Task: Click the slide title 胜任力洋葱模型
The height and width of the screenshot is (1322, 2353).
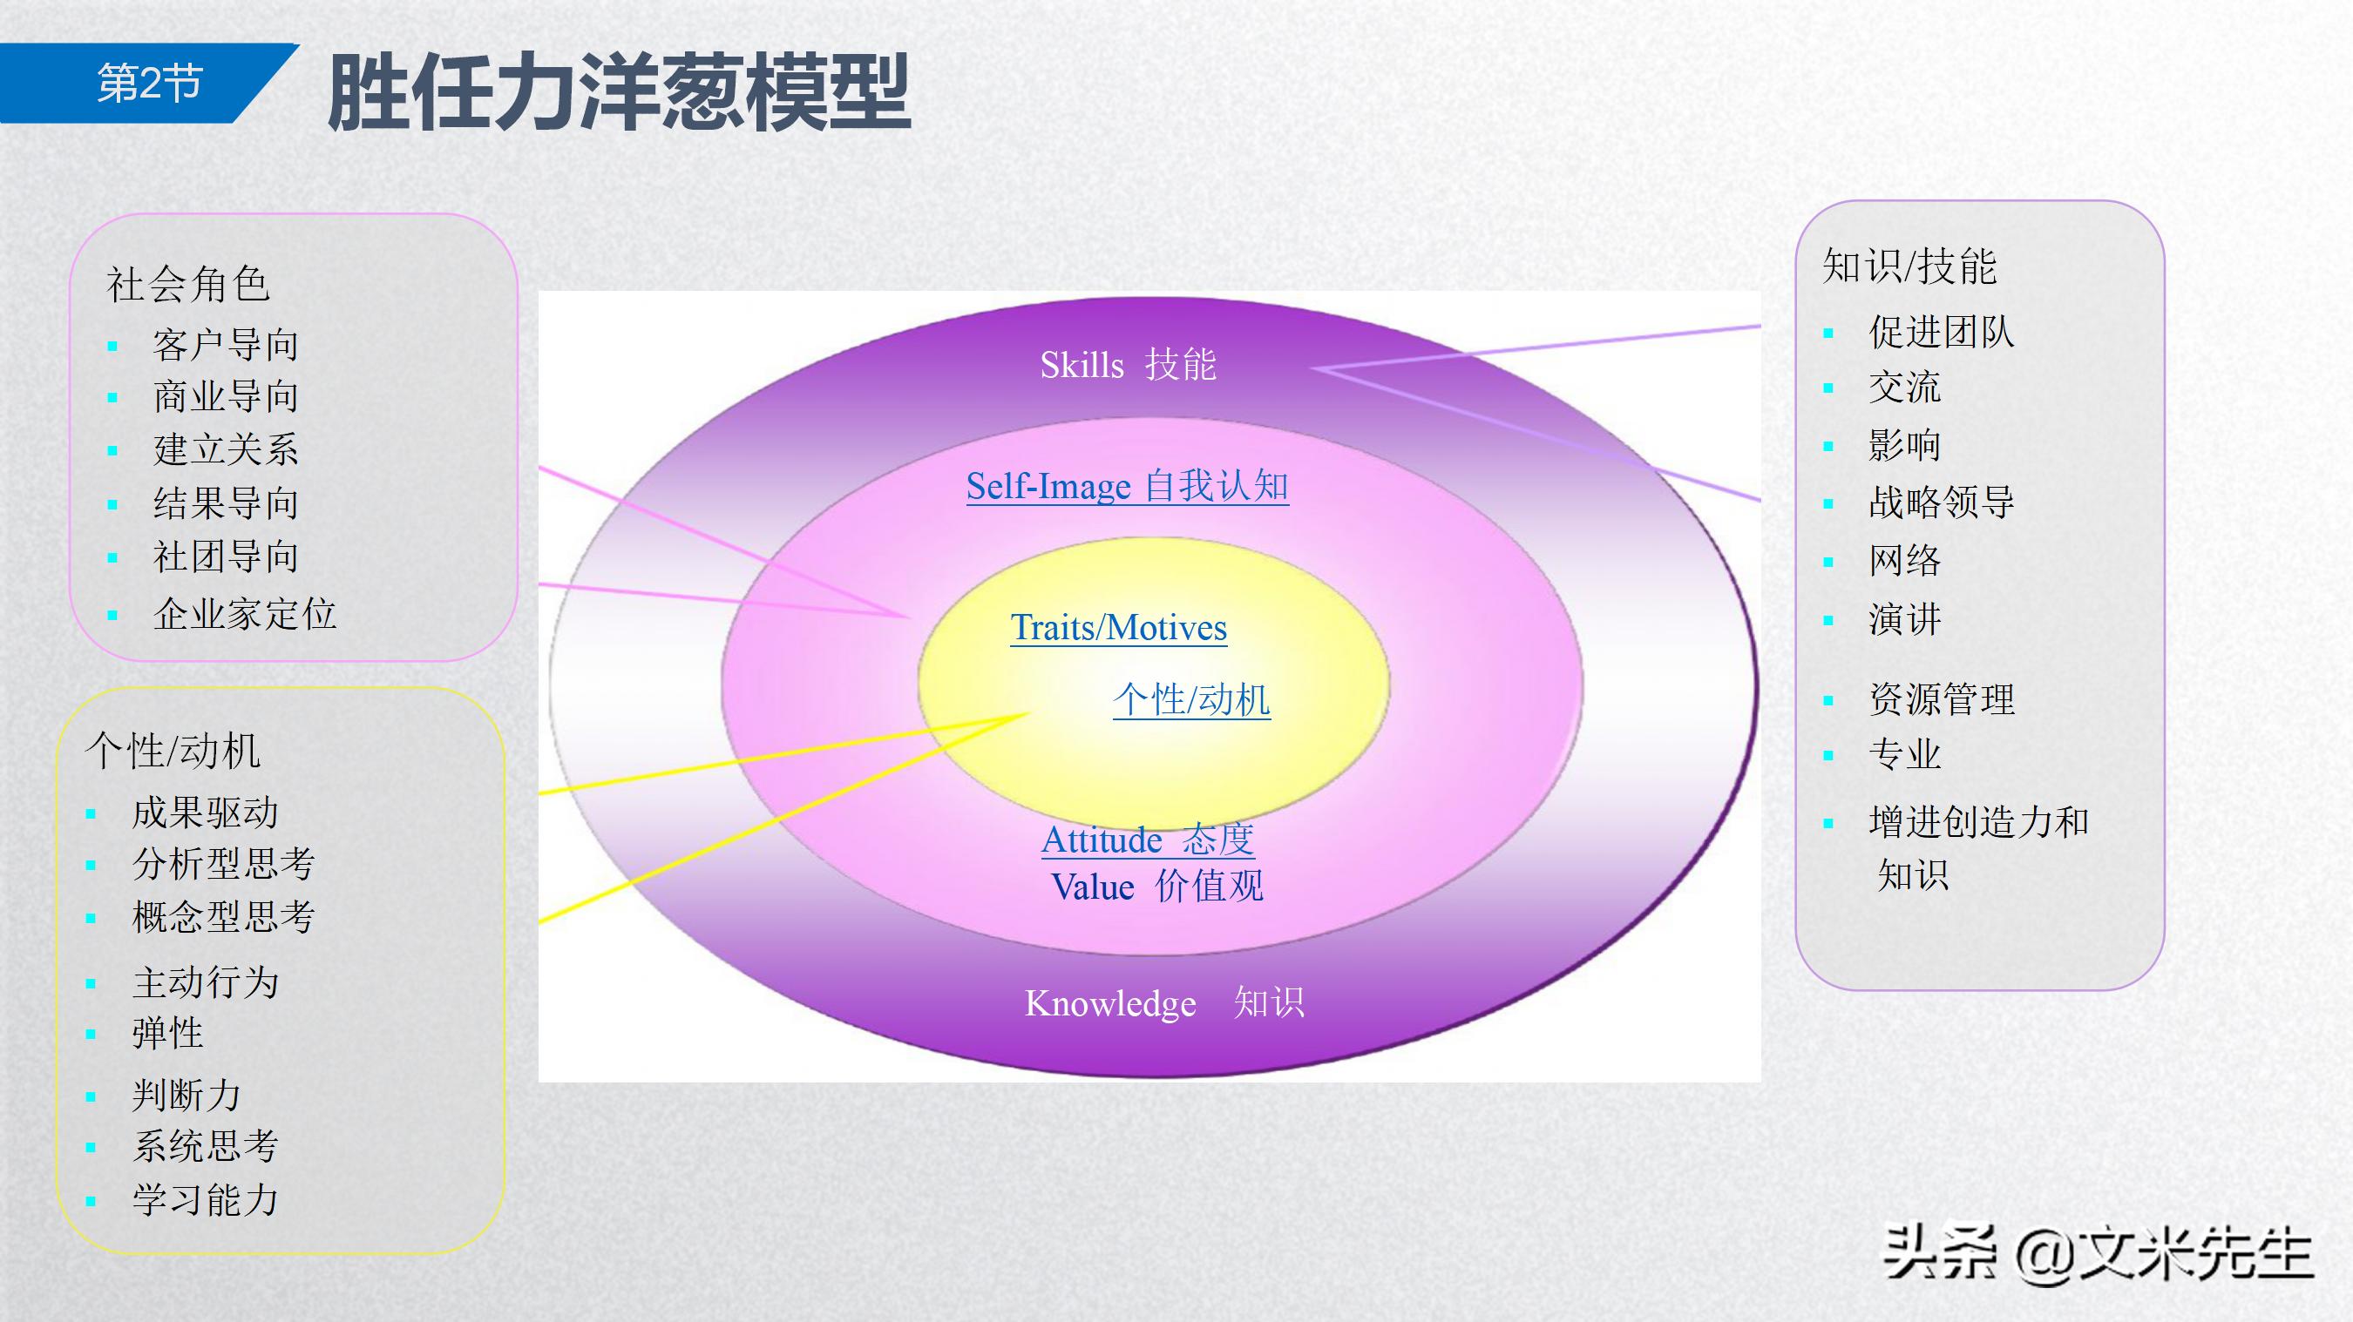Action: pos(619,93)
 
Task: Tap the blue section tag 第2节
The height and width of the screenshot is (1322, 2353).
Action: pos(149,83)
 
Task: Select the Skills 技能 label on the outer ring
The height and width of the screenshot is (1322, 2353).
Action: pos(1127,365)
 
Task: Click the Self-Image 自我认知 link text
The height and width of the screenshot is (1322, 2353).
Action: pos(1127,486)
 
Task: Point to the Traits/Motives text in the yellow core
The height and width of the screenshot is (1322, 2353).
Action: pos(1118,628)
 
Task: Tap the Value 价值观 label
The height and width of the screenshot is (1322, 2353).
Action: pos(1156,887)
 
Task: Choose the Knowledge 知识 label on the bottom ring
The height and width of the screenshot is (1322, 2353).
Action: pos(1163,1003)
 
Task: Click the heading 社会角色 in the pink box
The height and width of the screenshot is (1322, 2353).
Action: pos(188,284)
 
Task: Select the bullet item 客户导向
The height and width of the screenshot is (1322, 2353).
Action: pos(226,345)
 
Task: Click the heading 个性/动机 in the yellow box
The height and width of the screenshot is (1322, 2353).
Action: pos(173,752)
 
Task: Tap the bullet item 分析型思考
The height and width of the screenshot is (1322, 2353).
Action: pos(223,864)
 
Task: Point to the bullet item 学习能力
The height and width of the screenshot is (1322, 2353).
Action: pos(205,1200)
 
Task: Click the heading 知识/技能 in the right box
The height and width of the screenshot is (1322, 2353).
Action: pos(1909,266)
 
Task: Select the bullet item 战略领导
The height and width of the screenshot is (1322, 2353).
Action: pos(1941,502)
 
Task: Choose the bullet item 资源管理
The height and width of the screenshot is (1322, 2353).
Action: pos(1941,700)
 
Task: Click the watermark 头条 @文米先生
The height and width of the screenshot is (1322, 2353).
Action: pos(2098,1252)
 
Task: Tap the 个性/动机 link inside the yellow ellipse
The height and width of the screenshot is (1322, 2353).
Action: pos(1191,700)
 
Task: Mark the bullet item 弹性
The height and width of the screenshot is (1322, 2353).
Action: pos(167,1034)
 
